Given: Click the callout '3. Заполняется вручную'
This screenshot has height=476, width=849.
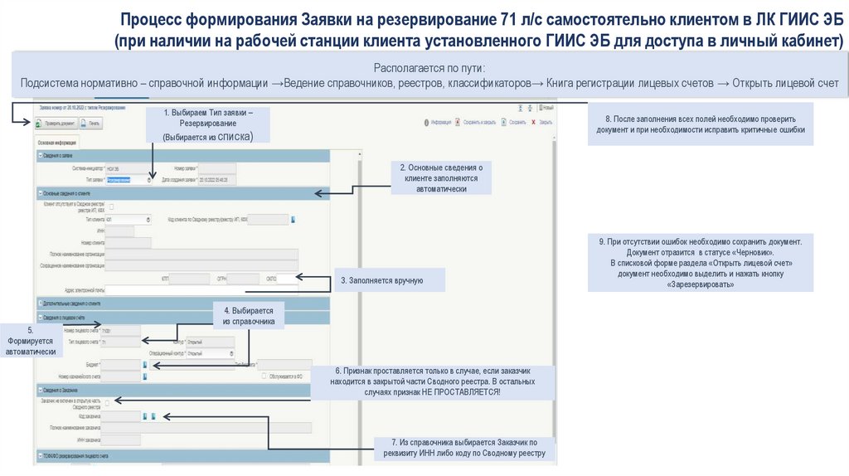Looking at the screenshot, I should pyautogui.click(x=389, y=280).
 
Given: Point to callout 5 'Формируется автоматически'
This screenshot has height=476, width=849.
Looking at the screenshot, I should pyautogui.click(x=31, y=341).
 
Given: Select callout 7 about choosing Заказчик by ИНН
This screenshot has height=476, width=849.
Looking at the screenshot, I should pyautogui.click(x=464, y=448).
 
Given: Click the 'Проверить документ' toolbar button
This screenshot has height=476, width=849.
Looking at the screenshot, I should pyautogui.click(x=56, y=124).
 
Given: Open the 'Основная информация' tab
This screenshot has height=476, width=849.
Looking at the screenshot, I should pyautogui.click(x=56, y=143).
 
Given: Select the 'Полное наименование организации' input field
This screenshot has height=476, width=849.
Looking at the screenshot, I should pyautogui.click(x=202, y=254).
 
